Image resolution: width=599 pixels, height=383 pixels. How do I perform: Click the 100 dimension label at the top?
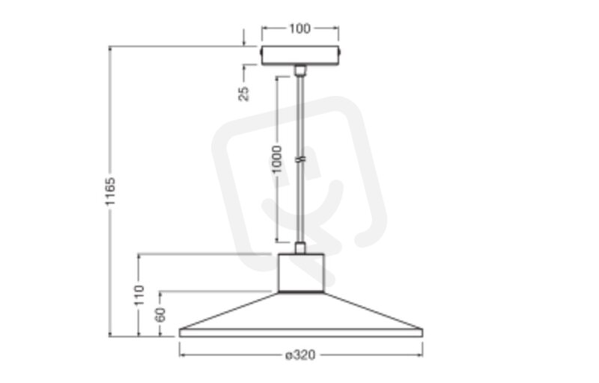300,28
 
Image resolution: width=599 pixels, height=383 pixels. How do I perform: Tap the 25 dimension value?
244,94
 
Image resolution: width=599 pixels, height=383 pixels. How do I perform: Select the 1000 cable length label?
277,159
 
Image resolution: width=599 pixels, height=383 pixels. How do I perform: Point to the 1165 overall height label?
110,191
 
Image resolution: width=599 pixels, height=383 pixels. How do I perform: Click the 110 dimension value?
139,295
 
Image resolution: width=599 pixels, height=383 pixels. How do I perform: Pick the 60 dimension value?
161,314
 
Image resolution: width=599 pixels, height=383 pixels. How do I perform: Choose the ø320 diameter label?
300,355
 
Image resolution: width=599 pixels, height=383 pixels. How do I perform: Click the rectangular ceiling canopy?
300,55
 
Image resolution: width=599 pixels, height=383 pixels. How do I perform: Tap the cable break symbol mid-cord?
301,159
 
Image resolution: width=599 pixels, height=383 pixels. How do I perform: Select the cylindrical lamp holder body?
301,273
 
